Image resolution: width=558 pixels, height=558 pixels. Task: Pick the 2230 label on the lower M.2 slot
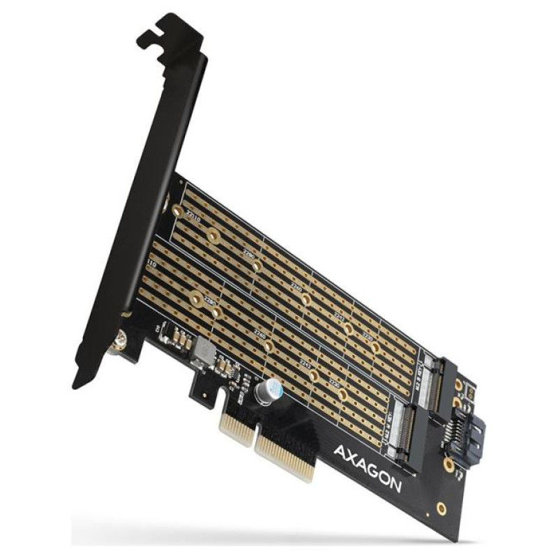pos(334,383)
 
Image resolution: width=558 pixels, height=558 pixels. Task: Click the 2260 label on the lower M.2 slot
pos(259,335)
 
